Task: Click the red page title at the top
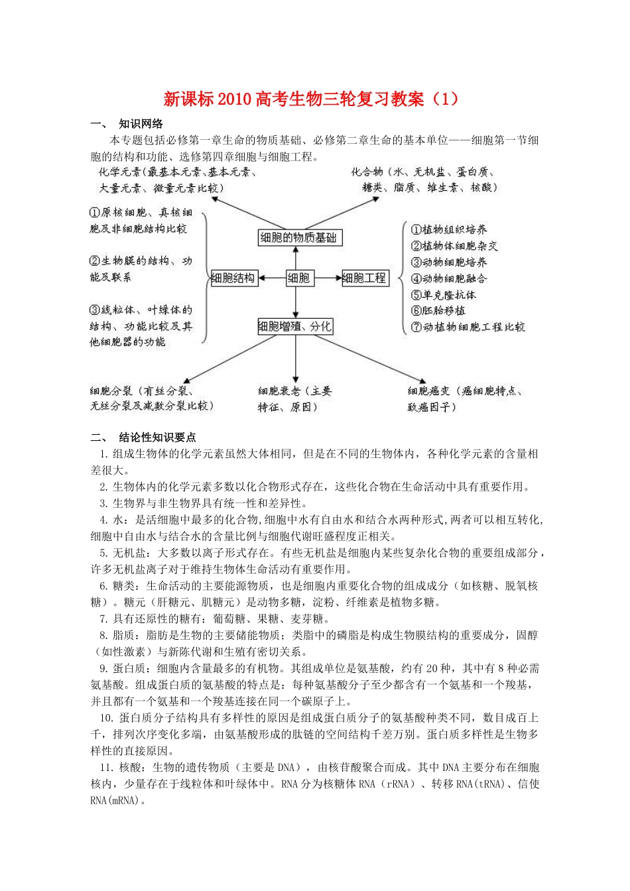click(311, 99)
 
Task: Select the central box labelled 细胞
click(298, 278)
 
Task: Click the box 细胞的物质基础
click(300, 237)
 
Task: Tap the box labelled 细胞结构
click(233, 278)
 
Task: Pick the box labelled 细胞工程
click(364, 278)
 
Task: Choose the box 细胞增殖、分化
click(295, 326)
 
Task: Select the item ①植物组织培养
click(449, 229)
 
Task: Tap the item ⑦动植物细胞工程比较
click(468, 327)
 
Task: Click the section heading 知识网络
click(141, 123)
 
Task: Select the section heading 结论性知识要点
click(157, 437)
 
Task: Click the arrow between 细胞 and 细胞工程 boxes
click(328, 278)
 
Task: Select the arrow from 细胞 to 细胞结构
click(271, 278)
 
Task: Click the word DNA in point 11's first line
click(286, 767)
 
